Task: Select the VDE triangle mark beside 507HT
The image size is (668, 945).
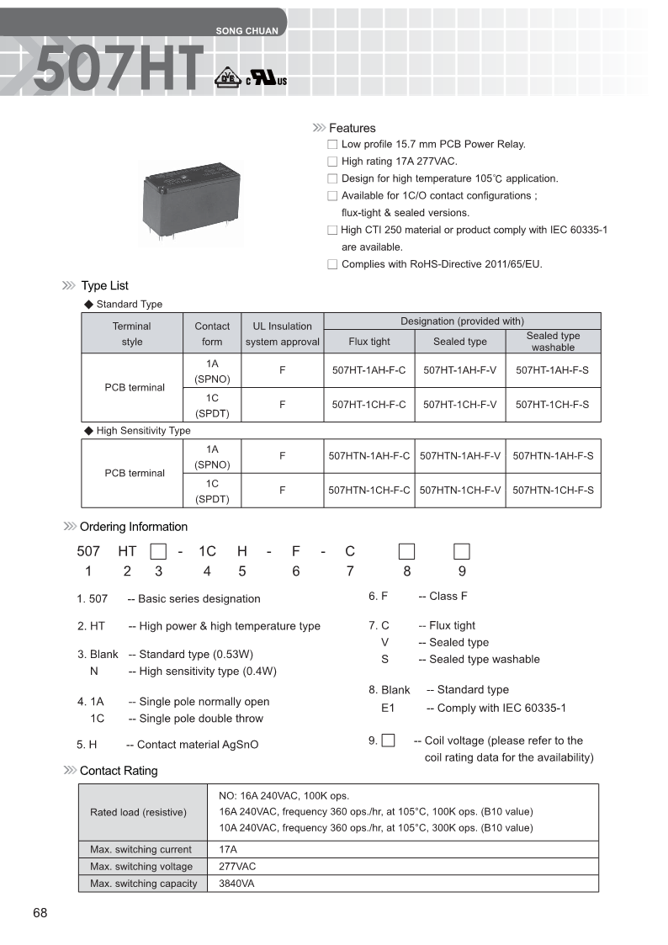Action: (225, 77)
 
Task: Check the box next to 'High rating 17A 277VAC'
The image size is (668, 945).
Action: (332, 162)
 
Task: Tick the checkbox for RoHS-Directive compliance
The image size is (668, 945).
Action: (332, 264)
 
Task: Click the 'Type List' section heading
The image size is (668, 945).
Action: (104, 286)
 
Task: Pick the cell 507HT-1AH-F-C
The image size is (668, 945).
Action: (368, 369)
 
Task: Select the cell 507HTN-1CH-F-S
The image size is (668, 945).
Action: (553, 490)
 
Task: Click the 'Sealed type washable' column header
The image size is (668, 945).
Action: (553, 341)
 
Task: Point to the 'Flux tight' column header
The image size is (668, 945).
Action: (369, 342)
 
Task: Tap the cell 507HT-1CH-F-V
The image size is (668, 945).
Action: (460, 404)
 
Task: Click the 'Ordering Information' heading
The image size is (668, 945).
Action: (133, 527)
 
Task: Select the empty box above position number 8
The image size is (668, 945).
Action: (406, 552)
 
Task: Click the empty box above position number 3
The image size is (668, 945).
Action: (157, 552)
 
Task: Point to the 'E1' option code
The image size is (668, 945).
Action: (388, 709)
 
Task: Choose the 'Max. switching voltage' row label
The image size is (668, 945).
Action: (141, 867)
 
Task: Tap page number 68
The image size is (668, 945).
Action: (40, 914)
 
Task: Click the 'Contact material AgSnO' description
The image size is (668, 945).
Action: (198, 745)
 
